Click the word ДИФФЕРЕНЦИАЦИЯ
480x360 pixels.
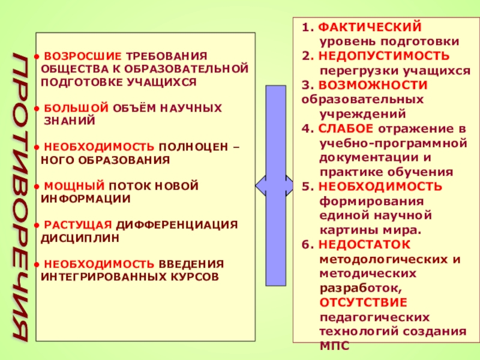177,225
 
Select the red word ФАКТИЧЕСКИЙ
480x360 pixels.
370,28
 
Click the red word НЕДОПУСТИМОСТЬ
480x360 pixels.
384,56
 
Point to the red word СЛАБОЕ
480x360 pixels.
346,128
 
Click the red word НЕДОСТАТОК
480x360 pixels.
364,244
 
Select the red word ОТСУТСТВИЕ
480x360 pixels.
363,302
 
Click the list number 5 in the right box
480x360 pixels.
306,186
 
